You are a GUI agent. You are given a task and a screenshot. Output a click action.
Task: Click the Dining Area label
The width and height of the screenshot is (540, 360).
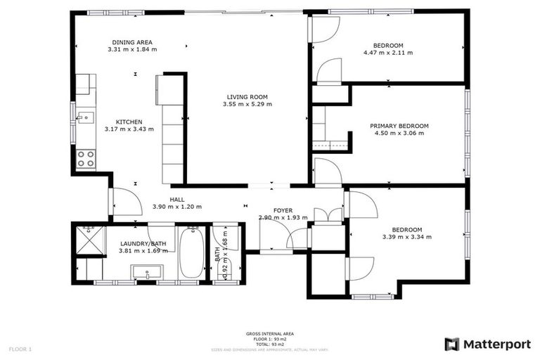click(132, 42)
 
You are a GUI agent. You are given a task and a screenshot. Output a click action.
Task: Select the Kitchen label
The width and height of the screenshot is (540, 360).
click(130, 122)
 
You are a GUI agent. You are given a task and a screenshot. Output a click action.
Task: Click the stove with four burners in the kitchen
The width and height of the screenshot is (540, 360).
click(86, 159)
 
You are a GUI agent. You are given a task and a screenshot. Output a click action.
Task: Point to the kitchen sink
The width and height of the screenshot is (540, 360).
click(85, 117)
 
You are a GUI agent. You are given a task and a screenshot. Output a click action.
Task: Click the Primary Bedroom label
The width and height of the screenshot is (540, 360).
click(399, 126)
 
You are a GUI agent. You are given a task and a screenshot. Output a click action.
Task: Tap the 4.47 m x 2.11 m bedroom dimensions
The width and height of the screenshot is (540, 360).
click(387, 53)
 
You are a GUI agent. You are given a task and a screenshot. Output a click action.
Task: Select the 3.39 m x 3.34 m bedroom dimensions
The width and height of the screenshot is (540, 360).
click(406, 237)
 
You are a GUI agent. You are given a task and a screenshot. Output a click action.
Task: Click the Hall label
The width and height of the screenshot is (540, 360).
click(177, 199)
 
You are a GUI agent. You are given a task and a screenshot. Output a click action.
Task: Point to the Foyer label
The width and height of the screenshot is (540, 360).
click(283, 210)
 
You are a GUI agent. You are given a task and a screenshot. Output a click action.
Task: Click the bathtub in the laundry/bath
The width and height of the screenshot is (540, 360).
click(191, 252)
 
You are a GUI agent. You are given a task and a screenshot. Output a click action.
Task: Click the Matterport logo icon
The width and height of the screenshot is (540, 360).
click(451, 344)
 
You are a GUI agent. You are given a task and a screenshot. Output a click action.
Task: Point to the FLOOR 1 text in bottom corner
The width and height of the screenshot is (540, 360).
click(20, 349)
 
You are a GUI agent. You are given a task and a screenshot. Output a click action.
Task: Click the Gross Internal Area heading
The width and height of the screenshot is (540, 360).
click(269, 333)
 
